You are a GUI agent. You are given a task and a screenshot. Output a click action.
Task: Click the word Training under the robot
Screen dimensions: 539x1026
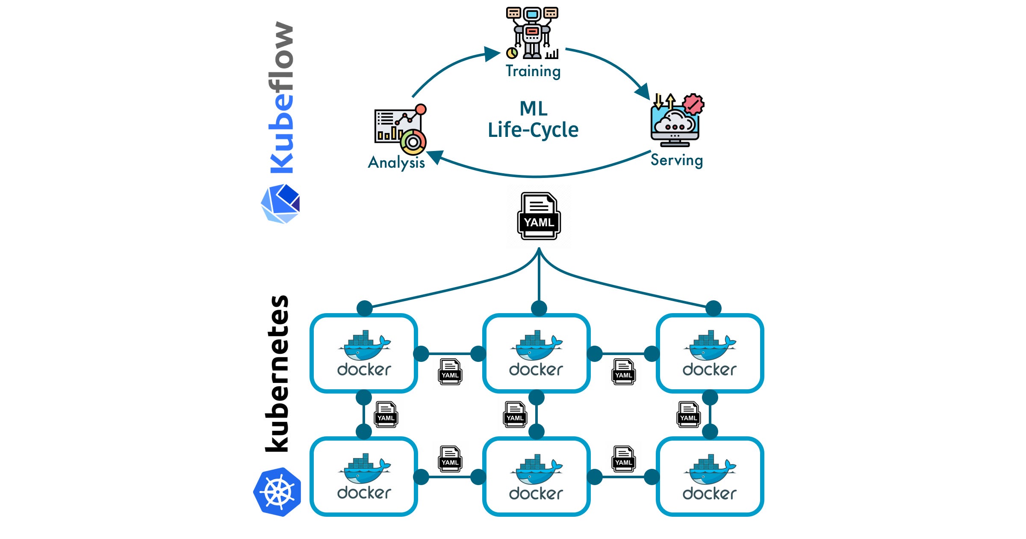[533, 71]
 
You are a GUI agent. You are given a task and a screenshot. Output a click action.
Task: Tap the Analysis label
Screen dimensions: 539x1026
[396, 163]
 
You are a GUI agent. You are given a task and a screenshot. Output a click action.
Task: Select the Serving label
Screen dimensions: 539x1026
[676, 160]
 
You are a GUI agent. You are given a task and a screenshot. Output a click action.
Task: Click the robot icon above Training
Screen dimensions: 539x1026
[532, 33]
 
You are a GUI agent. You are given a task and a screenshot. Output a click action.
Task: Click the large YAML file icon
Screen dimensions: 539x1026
[539, 216]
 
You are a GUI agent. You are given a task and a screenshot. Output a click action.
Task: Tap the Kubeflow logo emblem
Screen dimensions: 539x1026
[280, 204]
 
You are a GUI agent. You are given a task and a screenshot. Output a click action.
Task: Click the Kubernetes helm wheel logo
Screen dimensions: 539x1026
[277, 492]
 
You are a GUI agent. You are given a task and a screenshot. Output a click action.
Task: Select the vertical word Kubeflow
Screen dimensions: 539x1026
[281, 98]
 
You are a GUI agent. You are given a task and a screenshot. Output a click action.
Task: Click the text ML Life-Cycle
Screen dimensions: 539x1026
[533, 120]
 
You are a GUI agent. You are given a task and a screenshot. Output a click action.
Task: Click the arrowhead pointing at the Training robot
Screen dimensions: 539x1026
[492, 54]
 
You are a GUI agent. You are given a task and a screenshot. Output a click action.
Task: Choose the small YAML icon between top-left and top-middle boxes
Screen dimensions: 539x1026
[450, 372]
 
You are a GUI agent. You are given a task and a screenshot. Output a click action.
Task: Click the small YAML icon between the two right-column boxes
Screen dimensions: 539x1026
[688, 415]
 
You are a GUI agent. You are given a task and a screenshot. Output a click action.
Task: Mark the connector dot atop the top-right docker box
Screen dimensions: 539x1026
[713, 308]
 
